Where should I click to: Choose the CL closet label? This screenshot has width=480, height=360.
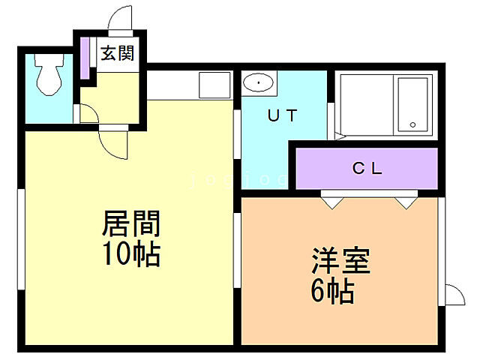pyautogui.click(x=367, y=168)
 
